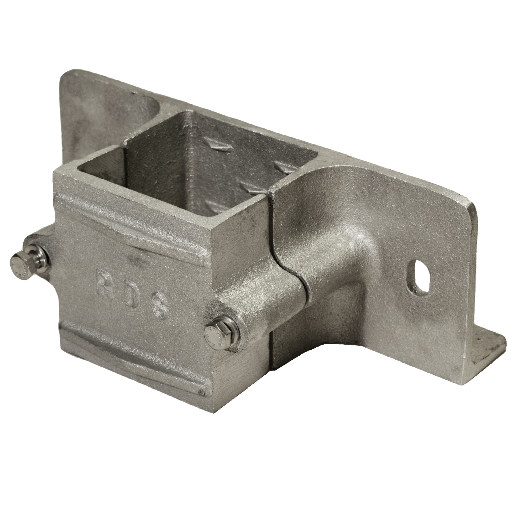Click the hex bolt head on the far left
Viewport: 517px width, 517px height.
(19, 262)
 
